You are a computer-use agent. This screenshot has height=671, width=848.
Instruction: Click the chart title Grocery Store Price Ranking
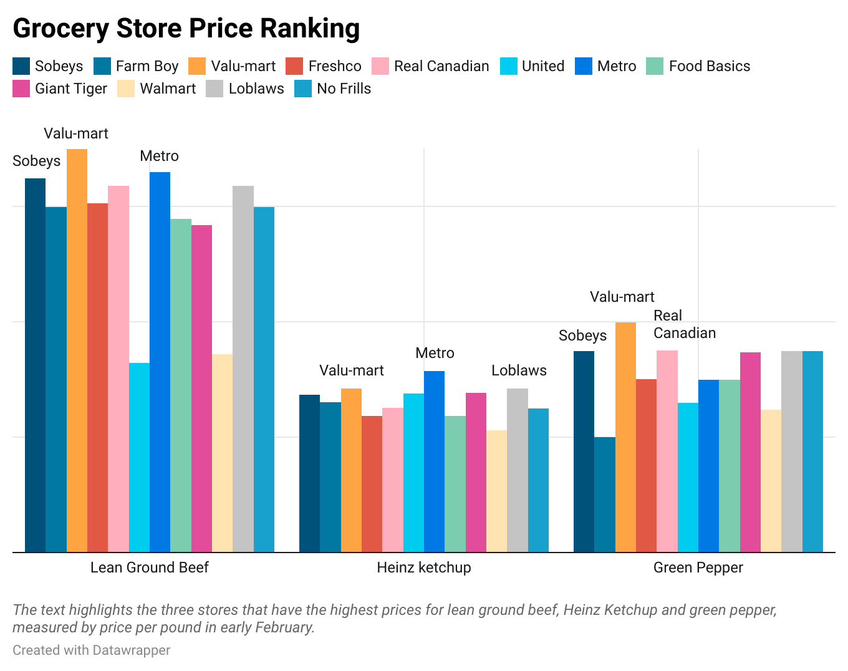coord(186,29)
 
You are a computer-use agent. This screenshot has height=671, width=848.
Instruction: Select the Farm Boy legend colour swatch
coord(102,66)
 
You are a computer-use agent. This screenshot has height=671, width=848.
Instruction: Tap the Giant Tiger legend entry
coord(60,89)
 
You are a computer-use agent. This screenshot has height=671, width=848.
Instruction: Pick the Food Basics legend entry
coord(698,66)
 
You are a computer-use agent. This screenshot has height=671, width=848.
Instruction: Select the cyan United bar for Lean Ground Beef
coord(139,457)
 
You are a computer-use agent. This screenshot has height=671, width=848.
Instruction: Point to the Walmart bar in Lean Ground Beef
coord(222,453)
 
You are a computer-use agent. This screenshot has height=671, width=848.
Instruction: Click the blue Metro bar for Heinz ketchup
coord(434,461)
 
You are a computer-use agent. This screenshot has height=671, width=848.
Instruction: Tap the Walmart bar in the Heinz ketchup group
coord(496,491)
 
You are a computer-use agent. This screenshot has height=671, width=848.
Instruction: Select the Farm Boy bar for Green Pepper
coord(604,495)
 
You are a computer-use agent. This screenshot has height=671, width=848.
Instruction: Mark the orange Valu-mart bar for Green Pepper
coord(625,437)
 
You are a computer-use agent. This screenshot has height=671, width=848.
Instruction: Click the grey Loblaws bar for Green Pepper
coord(791,451)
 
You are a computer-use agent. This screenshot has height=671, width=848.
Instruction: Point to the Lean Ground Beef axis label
coord(150,567)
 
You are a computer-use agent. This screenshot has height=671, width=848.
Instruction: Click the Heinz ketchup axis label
coord(424,567)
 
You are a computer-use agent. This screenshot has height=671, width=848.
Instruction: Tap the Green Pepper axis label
coord(698,567)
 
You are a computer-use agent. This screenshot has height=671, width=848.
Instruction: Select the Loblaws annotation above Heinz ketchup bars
coord(519,370)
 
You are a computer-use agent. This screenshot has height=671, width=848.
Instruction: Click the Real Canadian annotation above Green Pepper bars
coord(684,324)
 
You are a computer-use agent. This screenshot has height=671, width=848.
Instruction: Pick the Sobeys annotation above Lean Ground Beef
coord(37,161)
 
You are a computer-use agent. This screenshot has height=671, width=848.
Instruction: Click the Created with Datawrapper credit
coord(92,650)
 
